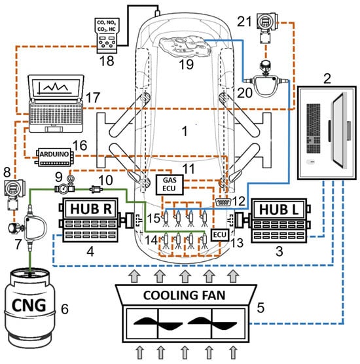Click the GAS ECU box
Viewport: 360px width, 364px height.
pos(170,185)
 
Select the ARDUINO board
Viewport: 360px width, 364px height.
pos(54,157)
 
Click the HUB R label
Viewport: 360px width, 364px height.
pos(91,209)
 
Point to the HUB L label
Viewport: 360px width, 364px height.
pos(279,209)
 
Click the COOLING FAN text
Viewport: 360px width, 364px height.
pos(185,295)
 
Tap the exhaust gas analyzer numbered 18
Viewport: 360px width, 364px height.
pos(107,35)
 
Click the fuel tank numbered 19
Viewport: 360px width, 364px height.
pos(186,46)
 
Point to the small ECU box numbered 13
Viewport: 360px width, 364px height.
pos(220,234)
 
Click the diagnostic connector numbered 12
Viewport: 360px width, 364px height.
pos(223,202)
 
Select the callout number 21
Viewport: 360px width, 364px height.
pos(244,22)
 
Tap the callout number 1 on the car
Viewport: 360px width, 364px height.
pos(185,131)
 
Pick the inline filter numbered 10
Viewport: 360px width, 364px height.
pos(96,189)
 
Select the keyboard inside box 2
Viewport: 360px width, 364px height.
pos(314,128)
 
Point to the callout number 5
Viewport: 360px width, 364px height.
pos(261,307)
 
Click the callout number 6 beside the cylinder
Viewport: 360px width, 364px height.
pos(65,309)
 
